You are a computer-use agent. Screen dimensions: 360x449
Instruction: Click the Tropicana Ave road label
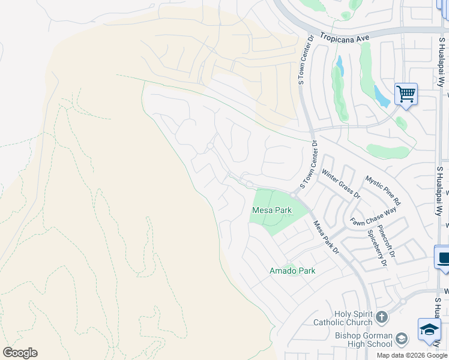click(x=343, y=37)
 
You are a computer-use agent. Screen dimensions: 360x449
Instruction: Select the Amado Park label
click(x=292, y=271)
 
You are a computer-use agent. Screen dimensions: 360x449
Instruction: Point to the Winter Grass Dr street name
click(x=340, y=184)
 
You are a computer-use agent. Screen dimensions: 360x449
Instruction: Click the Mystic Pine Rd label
click(x=383, y=190)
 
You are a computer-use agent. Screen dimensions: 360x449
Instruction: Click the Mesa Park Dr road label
click(x=327, y=237)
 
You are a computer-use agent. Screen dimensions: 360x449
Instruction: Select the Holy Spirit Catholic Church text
click(x=343, y=318)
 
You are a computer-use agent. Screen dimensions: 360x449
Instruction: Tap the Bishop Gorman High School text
click(x=355, y=340)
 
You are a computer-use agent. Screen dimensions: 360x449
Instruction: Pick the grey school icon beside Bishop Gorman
click(x=402, y=338)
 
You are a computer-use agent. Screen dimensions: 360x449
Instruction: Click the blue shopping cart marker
click(x=406, y=94)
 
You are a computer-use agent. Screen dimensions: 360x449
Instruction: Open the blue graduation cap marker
click(x=429, y=330)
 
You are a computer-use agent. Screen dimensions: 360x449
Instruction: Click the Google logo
click(x=20, y=352)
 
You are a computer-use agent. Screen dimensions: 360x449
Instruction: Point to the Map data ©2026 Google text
click(x=412, y=355)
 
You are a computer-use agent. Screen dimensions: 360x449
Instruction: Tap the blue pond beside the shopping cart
click(x=381, y=94)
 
